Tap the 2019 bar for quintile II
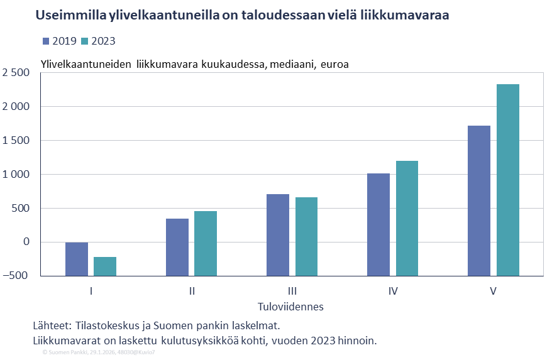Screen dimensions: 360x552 [177, 247]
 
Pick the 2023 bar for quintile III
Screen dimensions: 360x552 [306, 236]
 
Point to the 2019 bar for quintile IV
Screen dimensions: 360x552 [378, 224]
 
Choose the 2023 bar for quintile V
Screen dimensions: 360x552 [507, 180]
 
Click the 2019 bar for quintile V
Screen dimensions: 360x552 [479, 200]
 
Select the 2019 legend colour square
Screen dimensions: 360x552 [46, 41]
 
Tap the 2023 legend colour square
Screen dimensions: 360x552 [85, 41]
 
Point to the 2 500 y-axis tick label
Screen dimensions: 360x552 [16, 73]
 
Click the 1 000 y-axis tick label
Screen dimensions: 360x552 [16, 174]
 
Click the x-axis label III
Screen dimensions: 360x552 [292, 291]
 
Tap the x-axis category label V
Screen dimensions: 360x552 [494, 291]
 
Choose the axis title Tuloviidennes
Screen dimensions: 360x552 [291, 307]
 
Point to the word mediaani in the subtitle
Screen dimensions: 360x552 [294, 64]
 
